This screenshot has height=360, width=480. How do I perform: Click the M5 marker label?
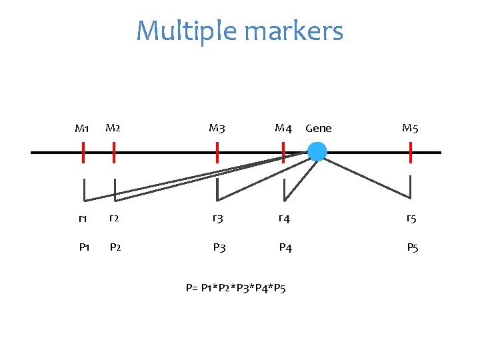coord(410,128)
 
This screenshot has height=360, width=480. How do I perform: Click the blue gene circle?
coord(317,152)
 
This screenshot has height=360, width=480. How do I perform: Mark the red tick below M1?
coord(83,153)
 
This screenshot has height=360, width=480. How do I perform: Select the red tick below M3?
coord(217,153)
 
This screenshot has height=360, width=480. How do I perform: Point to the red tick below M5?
coord(411,153)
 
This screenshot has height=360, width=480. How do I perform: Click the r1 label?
coord(83,218)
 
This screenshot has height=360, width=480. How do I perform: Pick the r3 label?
coord(217,218)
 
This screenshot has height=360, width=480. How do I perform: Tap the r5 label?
coord(412,218)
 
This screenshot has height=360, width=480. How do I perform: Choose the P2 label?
coord(115,248)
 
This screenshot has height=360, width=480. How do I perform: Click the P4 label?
coord(285,248)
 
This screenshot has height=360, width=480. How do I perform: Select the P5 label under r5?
coord(413,248)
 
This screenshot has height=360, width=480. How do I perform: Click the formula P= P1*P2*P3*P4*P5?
coord(236,289)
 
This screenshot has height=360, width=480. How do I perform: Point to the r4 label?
coord(283,218)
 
